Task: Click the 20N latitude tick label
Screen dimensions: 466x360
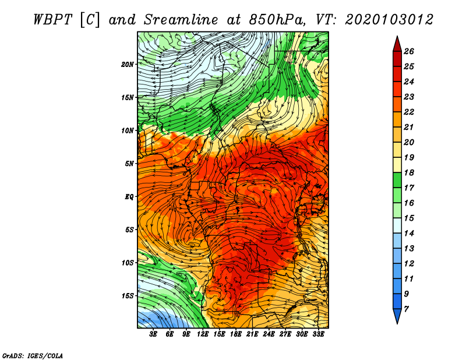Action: pos(127,65)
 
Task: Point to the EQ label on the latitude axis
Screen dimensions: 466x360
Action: pos(129,197)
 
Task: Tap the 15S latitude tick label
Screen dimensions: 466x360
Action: pos(127,296)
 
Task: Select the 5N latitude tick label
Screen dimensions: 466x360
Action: pos(129,164)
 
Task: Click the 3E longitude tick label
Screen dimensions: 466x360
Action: pos(153,334)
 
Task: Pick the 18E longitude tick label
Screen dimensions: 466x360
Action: pos(236,334)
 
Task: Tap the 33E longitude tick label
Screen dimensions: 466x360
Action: pos(318,334)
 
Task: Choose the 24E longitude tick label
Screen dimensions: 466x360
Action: pos(269,334)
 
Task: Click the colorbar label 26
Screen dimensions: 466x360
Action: pos(409,51)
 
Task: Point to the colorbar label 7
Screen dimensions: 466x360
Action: pos(406,309)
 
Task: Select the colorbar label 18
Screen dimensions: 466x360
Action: pos(409,172)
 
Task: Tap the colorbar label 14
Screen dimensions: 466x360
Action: pos(409,234)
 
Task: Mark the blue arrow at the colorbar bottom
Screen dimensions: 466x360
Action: pos(397,316)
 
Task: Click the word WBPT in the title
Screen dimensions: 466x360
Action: pos(53,20)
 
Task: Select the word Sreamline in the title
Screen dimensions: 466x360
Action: pos(181,20)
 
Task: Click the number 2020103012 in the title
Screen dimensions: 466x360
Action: pos(389,20)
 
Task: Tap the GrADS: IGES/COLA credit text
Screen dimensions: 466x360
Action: pos(33,355)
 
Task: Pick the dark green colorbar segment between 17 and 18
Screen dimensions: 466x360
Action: pos(397,180)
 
